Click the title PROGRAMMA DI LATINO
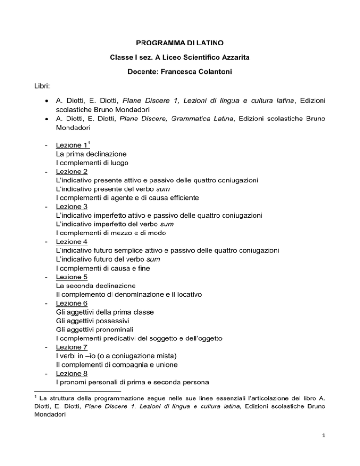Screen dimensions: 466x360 click(x=180, y=47)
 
